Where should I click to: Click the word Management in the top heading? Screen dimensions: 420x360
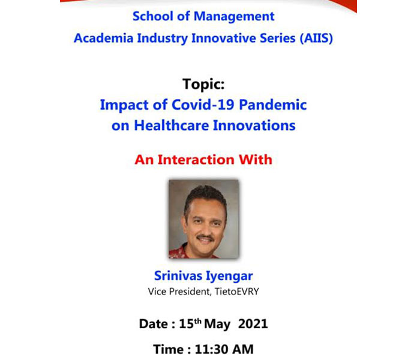point(234,17)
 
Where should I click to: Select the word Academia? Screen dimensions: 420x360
point(104,38)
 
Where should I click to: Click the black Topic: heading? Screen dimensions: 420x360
point(203,84)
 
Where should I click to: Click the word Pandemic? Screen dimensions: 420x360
point(272,104)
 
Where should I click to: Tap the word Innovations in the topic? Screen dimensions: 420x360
point(254,125)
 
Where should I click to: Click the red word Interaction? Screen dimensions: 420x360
point(196,160)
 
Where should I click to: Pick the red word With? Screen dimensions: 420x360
point(255,160)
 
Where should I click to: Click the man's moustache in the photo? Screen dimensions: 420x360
point(205,238)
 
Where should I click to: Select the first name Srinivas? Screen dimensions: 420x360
point(178,275)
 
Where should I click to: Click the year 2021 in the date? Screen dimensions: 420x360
point(253,324)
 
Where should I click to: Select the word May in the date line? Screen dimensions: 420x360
point(217,325)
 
